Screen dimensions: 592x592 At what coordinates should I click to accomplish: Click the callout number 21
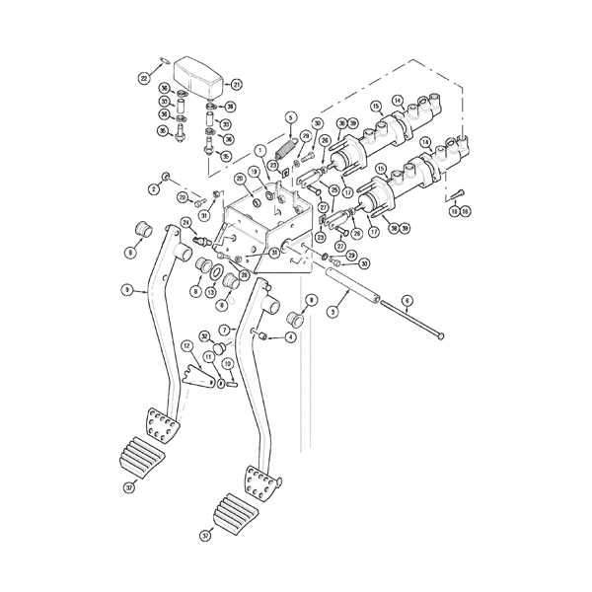pos(236,85)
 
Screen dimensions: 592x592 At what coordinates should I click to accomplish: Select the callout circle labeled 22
pos(144,78)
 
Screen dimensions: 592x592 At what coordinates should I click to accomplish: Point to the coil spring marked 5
pos(287,150)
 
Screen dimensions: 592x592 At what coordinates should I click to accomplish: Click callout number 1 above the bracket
pos(260,150)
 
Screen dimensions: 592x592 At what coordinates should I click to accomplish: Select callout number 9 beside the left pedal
pos(127,289)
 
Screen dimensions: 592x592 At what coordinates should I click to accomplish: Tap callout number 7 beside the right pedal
pos(225,330)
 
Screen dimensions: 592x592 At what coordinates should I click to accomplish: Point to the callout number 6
pos(407,300)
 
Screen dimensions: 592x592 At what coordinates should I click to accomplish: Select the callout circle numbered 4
pos(290,337)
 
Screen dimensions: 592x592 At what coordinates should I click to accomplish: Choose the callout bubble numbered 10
pos(228,363)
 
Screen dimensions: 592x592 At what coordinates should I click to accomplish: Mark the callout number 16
pos(454,211)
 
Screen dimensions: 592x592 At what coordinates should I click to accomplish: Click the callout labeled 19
pos(254,171)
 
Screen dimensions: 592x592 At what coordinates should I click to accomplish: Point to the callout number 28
pos(244,274)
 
